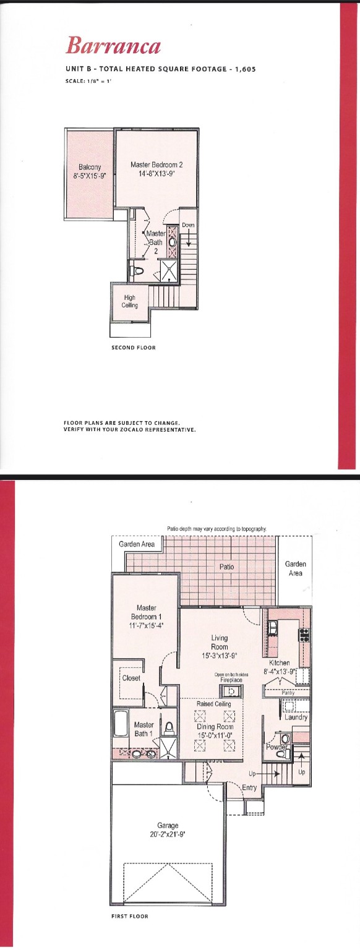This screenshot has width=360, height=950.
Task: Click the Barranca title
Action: [113, 46]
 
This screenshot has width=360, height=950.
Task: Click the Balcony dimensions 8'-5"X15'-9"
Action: [90, 174]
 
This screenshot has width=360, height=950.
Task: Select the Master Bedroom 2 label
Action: [156, 165]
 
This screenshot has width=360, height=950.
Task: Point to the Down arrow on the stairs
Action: [188, 238]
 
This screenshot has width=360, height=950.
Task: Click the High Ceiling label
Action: [130, 301]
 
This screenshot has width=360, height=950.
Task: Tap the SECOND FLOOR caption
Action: [134, 348]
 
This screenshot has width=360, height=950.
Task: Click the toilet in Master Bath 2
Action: [138, 270]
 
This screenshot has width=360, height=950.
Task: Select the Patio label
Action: [226, 566]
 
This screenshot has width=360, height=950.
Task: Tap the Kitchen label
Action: [280, 662]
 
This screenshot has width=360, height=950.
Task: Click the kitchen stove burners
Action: [304, 635]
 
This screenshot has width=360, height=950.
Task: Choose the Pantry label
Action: [288, 693]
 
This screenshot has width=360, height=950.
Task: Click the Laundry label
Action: [296, 717]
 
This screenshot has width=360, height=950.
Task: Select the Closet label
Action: [131, 678]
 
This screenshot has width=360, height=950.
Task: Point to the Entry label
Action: [249, 787]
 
